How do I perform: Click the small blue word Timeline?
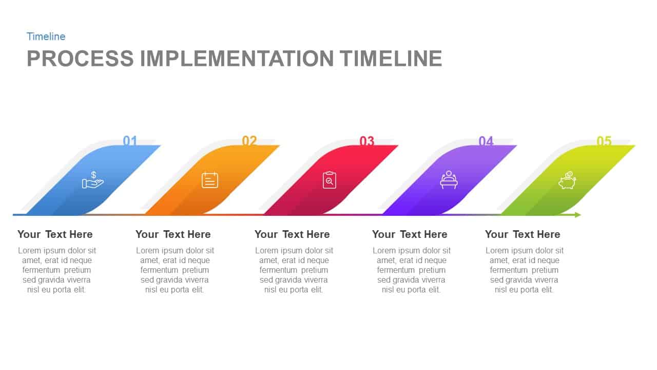[x=46, y=36]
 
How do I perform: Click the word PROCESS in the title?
[x=80, y=59]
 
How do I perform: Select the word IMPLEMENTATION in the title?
[x=237, y=59]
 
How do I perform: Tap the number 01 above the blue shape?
[x=130, y=141]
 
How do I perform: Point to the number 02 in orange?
[x=249, y=141]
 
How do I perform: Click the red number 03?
[x=367, y=141]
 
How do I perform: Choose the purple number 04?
[x=486, y=141]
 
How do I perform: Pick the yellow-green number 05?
[x=604, y=141]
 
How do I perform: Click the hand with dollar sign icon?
[x=92, y=180]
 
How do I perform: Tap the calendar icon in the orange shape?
[x=210, y=180]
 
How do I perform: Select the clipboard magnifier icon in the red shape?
[x=330, y=180]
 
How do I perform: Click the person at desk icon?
[x=449, y=180]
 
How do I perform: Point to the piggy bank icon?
[x=567, y=180]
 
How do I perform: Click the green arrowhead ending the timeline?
[x=578, y=215]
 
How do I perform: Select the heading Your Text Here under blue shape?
[x=55, y=234]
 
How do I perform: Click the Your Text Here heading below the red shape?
[x=292, y=234]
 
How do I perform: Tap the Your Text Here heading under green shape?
[x=523, y=234]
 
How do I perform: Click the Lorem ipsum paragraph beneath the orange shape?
[x=175, y=270]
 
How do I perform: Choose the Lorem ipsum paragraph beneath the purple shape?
[x=412, y=270]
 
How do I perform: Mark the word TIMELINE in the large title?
[x=391, y=59]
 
